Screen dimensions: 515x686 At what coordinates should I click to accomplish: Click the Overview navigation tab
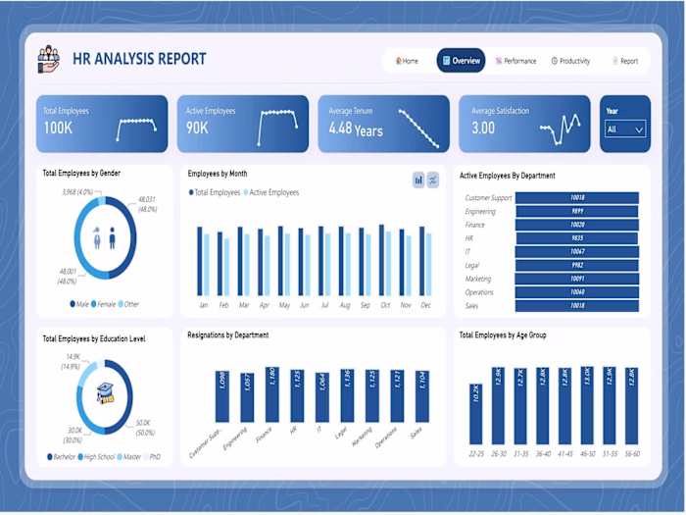(x=461, y=61)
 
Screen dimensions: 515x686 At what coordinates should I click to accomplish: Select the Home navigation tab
(x=407, y=61)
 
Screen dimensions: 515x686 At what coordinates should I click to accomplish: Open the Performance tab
(x=516, y=61)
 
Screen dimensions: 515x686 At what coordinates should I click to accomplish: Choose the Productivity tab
(x=570, y=61)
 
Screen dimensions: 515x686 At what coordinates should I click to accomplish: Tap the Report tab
(x=625, y=61)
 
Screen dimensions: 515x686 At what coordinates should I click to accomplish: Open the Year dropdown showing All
(x=625, y=129)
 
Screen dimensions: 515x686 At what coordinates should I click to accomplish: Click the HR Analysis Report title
(x=139, y=59)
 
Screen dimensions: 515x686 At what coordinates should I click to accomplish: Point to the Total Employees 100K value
(x=58, y=129)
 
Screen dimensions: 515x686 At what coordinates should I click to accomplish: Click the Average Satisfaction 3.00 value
(x=483, y=129)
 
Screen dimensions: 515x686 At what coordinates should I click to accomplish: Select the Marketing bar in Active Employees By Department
(x=576, y=279)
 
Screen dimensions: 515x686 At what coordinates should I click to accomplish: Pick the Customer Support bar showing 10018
(x=576, y=197)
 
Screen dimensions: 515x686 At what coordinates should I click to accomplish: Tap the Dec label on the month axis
(x=425, y=305)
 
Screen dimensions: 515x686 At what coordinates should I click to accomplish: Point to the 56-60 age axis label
(x=631, y=454)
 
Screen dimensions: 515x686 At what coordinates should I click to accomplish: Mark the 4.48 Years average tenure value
(x=356, y=129)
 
